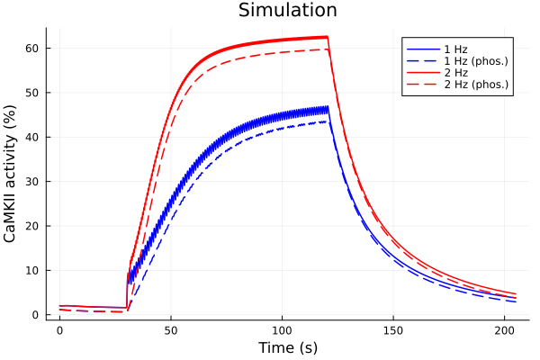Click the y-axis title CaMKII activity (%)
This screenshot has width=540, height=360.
12,171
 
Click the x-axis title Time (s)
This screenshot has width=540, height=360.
287,347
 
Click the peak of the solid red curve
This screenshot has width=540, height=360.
327,37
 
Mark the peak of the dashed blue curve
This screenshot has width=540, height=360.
326,121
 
